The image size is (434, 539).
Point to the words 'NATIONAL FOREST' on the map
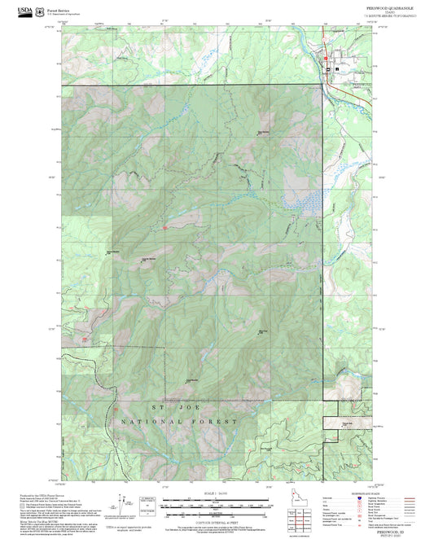[x=179, y=422]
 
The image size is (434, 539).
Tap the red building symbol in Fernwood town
[x=327, y=59]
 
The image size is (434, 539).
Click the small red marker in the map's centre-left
[x=165, y=227]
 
